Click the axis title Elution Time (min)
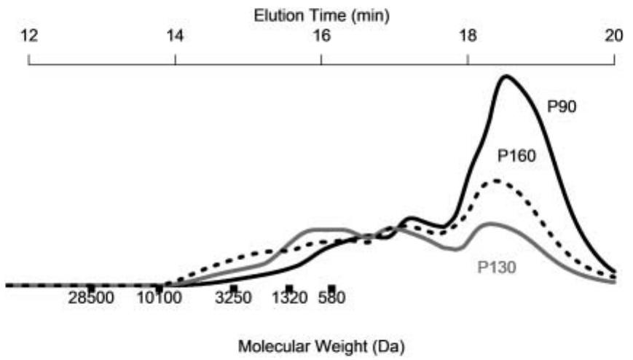point(321,15)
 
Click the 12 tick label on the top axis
point(28,36)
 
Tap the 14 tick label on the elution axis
point(175,36)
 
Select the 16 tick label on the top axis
point(321,36)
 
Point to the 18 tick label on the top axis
point(468,36)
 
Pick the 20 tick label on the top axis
point(614,36)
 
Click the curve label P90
point(562,106)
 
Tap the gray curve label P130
point(497,267)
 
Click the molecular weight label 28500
point(93,298)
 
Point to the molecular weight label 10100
point(160,298)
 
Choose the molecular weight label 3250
point(233,298)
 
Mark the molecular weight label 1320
point(289,298)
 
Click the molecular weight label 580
point(331,298)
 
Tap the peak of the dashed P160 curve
point(498,181)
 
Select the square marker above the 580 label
point(331,288)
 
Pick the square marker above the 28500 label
point(91,288)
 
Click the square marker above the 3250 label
point(233,288)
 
